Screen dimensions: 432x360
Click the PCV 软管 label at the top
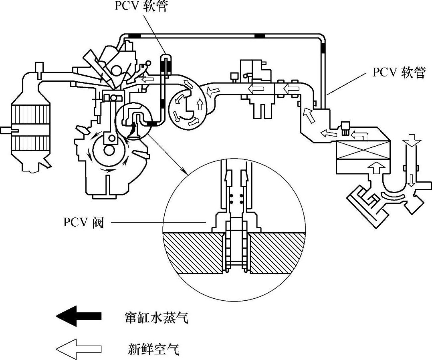(141, 6)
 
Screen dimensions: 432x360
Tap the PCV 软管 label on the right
(399, 72)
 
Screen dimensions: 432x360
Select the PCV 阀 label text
(84, 222)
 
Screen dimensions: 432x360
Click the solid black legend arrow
(79, 316)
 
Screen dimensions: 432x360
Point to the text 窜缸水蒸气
(156, 317)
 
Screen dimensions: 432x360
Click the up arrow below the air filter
(377, 168)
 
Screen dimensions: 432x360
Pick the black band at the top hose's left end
(135, 36)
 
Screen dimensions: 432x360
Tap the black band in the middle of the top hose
(260, 36)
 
